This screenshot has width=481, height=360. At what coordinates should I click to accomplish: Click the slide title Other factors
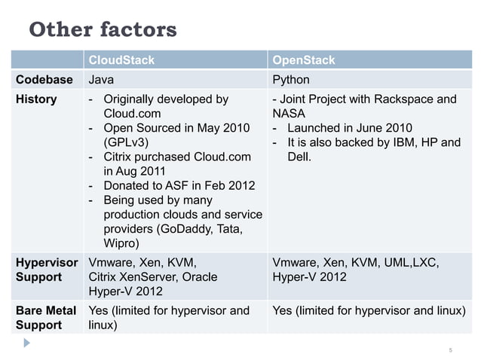(103, 29)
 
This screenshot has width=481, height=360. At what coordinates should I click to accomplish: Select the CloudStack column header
(121, 59)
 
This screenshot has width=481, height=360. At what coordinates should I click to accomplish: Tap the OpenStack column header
(303, 59)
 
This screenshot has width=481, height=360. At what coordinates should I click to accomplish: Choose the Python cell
(291, 79)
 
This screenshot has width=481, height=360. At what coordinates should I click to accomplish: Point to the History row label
(36, 99)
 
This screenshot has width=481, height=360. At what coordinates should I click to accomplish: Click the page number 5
(450, 351)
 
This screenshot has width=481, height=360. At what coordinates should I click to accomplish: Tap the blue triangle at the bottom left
(27, 342)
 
